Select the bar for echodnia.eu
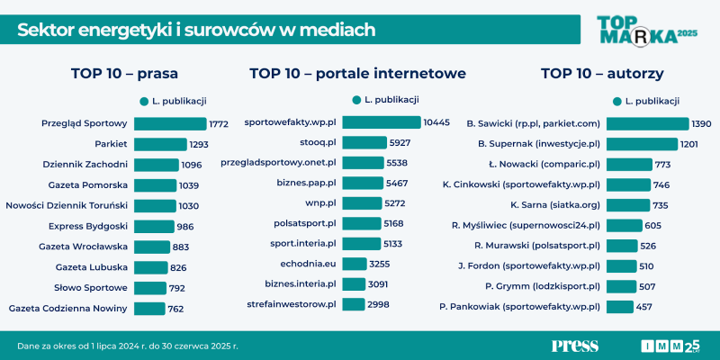355,264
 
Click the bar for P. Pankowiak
620,307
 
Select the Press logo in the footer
574,346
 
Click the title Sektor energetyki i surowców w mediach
196,31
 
